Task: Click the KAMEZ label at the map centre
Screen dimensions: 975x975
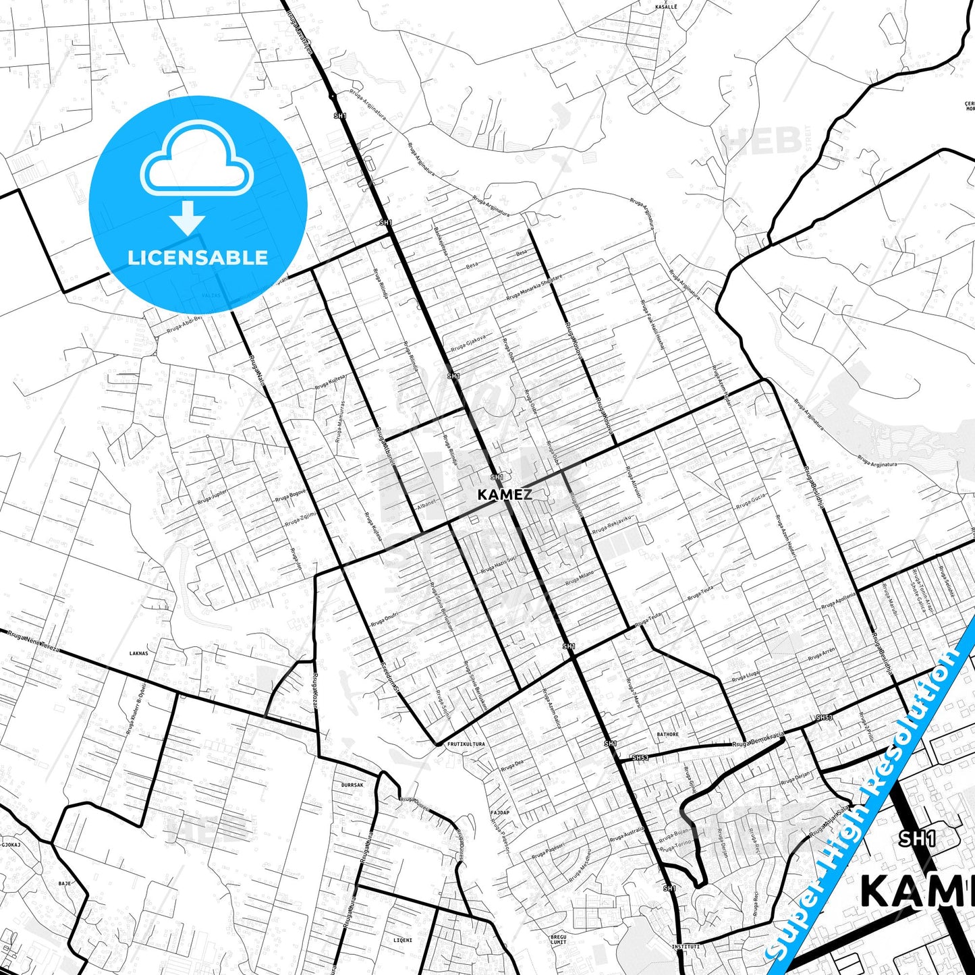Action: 504,495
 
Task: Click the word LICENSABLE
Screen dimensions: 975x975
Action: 198,258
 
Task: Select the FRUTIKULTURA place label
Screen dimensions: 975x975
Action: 466,744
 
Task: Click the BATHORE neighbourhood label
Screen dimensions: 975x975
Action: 667,734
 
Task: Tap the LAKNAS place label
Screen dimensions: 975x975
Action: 138,653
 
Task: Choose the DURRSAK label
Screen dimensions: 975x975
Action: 352,785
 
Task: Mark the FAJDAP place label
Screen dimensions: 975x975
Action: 500,812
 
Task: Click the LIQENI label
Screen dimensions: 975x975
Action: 402,940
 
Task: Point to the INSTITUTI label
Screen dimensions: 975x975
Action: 685,947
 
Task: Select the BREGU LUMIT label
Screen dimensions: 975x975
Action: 559,939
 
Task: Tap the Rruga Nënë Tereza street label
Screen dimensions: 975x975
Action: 34,641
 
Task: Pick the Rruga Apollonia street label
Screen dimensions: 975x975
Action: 838,601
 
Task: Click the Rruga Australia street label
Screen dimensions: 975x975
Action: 627,835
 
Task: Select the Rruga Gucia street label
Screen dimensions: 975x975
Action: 751,501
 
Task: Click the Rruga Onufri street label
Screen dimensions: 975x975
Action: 384,620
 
